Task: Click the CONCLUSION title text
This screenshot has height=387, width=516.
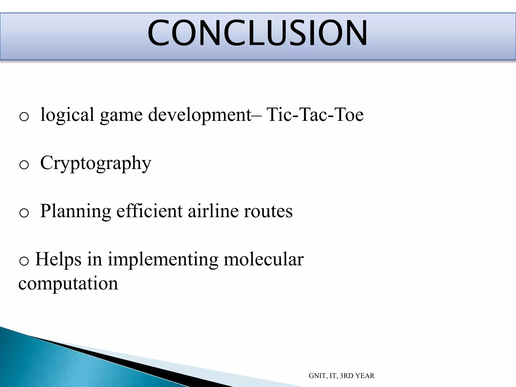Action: [257, 33]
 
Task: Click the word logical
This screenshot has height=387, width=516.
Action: [67, 115]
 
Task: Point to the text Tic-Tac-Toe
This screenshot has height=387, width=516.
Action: [315, 115]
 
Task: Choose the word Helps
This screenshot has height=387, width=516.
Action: [58, 260]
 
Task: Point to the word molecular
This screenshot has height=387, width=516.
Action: [264, 260]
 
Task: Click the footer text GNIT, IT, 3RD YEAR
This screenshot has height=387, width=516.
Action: [341, 376]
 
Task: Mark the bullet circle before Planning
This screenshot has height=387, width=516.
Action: [24, 214]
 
